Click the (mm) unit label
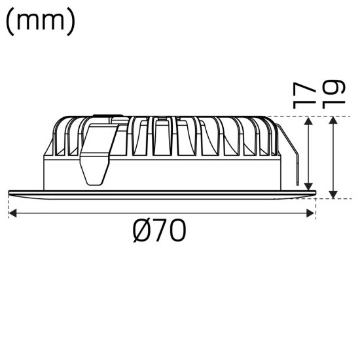coord(41,21)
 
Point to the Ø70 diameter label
coord(160,230)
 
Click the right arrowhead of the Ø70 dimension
coord(312,213)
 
